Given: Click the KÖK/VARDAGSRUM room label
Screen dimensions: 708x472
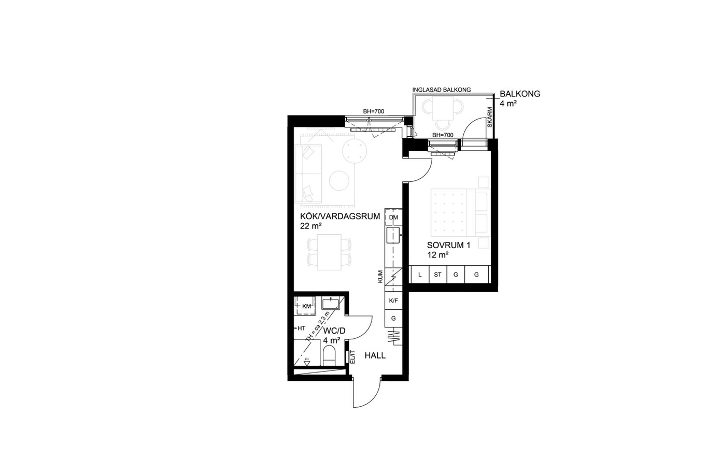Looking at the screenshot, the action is (340, 217).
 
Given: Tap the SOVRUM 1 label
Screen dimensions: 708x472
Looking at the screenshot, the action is (448, 245).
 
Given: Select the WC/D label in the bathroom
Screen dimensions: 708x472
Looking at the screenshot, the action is (334, 331).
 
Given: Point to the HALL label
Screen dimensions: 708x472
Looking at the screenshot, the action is (375, 355).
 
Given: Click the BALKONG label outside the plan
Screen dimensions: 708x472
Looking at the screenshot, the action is (520, 94).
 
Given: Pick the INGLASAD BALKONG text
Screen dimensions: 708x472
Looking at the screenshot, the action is (442, 90).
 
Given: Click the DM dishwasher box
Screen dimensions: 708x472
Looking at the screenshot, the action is (393, 218).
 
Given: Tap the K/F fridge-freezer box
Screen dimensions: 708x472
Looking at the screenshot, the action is (393, 301).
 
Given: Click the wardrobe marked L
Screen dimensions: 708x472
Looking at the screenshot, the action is (419, 275).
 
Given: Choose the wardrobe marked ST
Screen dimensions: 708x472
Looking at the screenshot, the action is (438, 275).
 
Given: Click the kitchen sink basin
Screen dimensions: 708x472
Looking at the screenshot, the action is (393, 235).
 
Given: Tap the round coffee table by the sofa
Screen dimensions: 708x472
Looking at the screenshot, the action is (339, 181).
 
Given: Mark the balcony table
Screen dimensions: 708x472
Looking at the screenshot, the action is (443, 108).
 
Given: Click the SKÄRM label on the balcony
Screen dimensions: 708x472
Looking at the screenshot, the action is (490, 117).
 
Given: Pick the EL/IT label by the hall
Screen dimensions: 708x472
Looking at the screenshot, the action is (353, 357).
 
